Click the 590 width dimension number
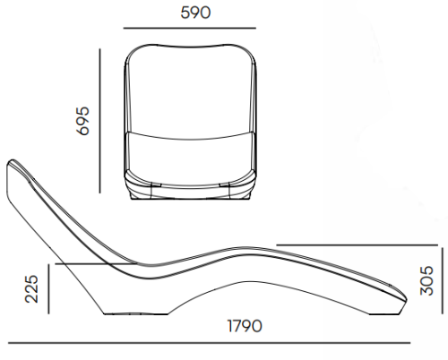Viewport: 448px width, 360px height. [195, 13]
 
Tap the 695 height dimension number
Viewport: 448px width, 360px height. [82, 121]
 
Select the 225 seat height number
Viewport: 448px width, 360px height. [32, 289]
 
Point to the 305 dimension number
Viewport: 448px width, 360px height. [426, 280]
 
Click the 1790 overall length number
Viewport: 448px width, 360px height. [245, 326]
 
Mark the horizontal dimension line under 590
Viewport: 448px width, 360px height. [190, 28]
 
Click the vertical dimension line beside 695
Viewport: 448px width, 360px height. [100, 121]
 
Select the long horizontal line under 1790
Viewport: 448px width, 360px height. [209, 343]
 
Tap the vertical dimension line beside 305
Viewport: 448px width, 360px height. [442, 281]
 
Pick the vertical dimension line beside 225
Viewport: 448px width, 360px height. [48, 289]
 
